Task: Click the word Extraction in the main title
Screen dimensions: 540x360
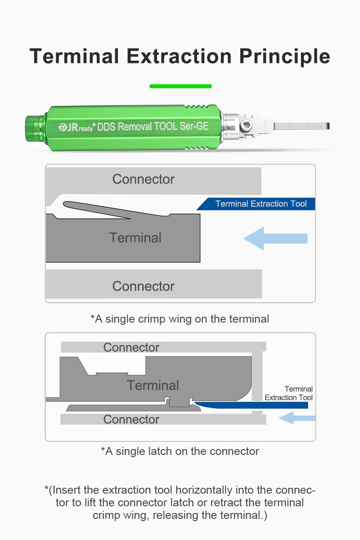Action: click(179, 56)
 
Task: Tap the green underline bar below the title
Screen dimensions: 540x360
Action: click(180, 86)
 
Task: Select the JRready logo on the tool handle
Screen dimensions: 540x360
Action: click(76, 127)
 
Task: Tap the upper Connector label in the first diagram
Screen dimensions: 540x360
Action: click(143, 179)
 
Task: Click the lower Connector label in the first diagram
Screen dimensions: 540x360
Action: click(143, 286)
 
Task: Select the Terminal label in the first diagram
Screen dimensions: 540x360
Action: click(135, 238)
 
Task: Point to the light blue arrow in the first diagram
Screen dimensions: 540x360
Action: click(275, 238)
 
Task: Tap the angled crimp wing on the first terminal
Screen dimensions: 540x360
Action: click(97, 209)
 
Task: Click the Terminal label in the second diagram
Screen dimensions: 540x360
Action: click(153, 385)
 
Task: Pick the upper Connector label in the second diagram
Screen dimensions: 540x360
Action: click(131, 347)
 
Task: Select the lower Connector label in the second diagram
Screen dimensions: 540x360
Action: click(131, 419)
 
